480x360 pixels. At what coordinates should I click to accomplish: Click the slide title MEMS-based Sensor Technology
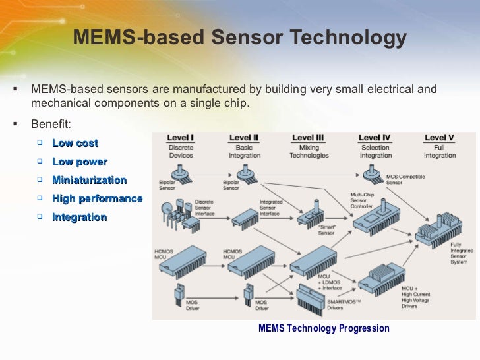[x=239, y=38]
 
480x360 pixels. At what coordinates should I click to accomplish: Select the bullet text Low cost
[x=75, y=143]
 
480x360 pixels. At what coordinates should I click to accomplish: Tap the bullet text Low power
[x=79, y=162]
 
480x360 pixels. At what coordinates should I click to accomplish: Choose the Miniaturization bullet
[x=89, y=180]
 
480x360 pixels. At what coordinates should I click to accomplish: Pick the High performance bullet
[x=97, y=198]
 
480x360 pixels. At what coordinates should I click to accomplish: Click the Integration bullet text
[x=79, y=217]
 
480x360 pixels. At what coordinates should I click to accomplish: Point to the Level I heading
[x=181, y=138]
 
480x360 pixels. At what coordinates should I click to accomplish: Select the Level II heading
[x=244, y=138]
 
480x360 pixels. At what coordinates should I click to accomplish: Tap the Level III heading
[x=309, y=138]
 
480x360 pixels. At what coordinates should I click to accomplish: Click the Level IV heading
[x=375, y=138]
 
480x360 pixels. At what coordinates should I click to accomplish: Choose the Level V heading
[x=440, y=138]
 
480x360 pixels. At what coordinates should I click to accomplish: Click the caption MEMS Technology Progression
[x=324, y=328]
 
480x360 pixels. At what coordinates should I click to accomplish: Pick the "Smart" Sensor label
[x=308, y=229]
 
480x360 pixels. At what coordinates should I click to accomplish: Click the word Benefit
[x=50, y=123]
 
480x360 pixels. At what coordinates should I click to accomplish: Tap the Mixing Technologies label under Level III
[x=309, y=152]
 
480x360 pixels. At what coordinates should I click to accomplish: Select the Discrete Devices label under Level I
[x=181, y=152]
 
